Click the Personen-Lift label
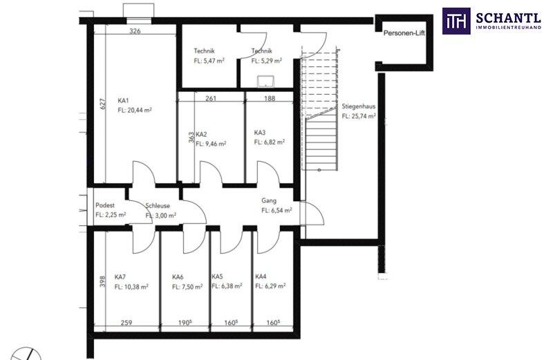coord(404,33)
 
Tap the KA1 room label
coord(123,100)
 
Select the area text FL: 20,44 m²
coord(135,110)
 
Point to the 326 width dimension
coord(135,31)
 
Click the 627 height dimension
coord(102,104)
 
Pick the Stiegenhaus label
coord(358,106)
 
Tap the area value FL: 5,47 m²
coord(209,61)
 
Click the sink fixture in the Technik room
coord(265,81)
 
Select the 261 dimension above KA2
coord(211,98)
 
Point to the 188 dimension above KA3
coord(270,98)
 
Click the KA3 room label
coord(260,133)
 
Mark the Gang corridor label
coord(269,200)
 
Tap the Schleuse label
coord(158,205)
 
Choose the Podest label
coord(105,205)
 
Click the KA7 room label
coord(120,277)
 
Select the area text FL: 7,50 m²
coord(187,287)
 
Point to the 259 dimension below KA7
coord(126,323)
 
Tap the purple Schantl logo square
coord(456,21)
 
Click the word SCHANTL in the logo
coord(508,18)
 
